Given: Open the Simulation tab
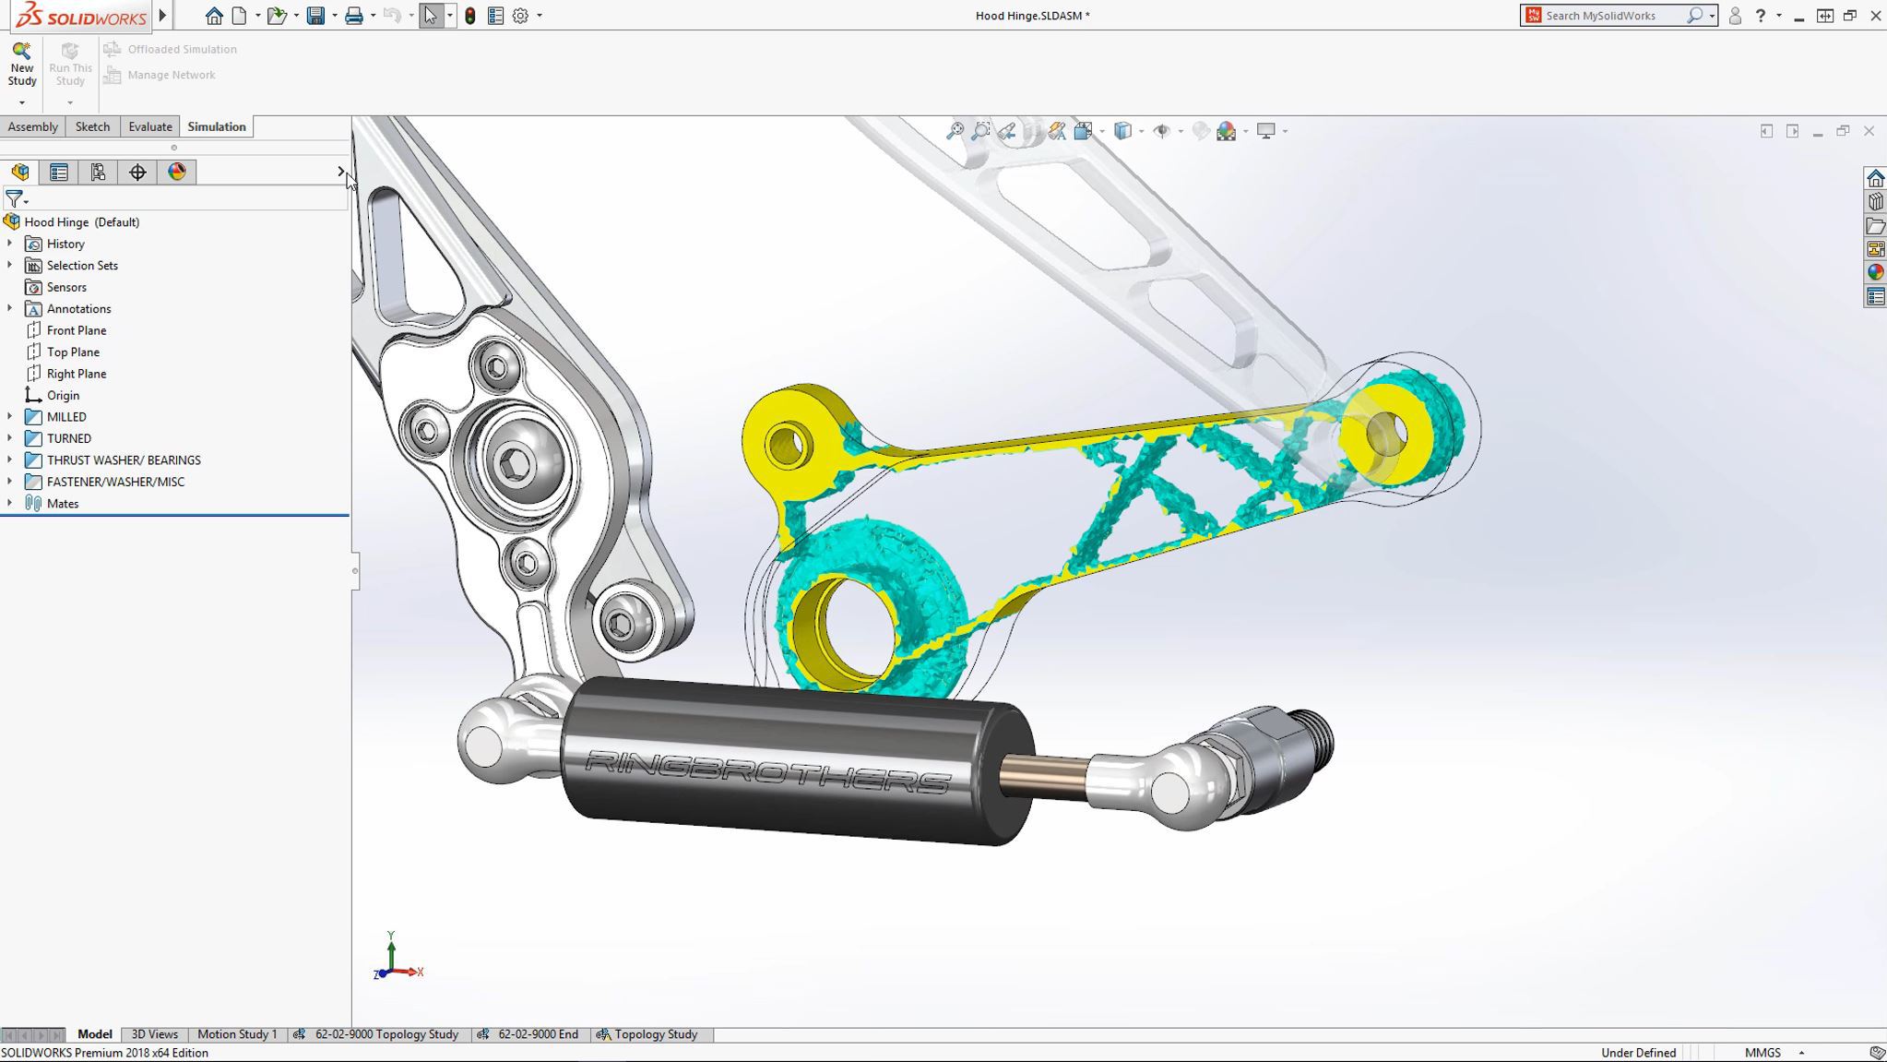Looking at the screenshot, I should [x=216, y=126].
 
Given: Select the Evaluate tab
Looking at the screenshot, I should [x=150, y=126].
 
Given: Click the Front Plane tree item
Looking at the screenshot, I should [x=76, y=330].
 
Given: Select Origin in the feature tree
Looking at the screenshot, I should [x=63, y=395].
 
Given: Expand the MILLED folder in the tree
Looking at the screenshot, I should [x=10, y=417].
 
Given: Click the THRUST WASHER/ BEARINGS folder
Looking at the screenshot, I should [x=123, y=460].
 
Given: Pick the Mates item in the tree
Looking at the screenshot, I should [x=62, y=504].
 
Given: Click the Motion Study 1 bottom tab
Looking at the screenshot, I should [x=237, y=1034].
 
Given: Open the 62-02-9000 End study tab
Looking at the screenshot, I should [x=537, y=1034].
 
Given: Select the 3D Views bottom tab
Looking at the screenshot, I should [x=154, y=1034].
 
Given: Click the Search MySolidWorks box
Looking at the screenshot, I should [x=1612, y=16].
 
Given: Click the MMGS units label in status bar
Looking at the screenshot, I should [x=1762, y=1053].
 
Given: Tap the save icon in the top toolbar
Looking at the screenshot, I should [x=315, y=16].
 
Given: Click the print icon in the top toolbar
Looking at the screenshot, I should [x=353, y=16].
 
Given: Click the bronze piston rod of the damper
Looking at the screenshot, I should [x=1042, y=773].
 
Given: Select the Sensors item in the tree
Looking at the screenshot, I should [x=65, y=287].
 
